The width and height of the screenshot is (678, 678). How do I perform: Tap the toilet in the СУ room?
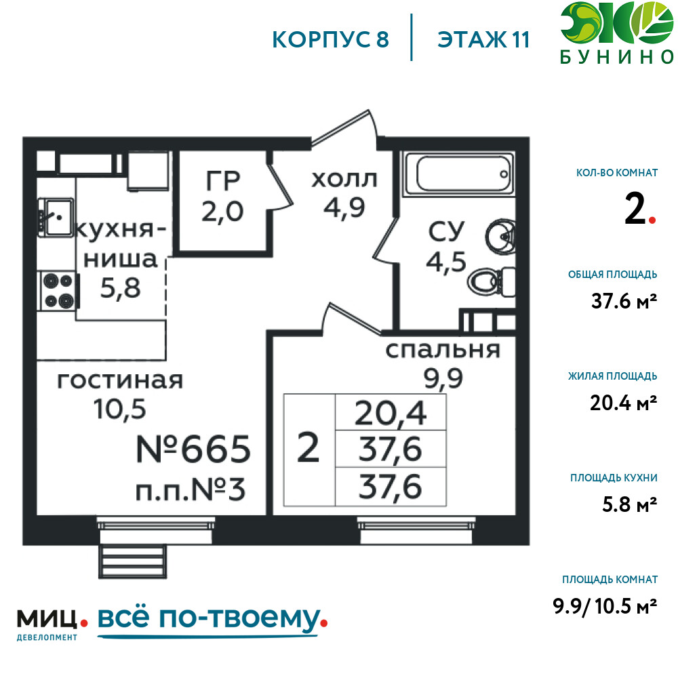[491, 282]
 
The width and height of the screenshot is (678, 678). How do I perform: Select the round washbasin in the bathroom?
[500, 236]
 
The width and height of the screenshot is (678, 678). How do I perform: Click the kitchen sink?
[56, 217]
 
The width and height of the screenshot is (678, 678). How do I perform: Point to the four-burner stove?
[58, 291]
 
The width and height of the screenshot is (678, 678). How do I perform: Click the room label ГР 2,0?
[222, 197]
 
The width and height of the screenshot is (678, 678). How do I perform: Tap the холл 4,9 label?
[344, 194]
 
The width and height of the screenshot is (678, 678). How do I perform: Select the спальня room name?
[442, 350]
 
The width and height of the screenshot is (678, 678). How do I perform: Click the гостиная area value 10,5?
[120, 409]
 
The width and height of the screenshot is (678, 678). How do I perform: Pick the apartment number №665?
[193, 449]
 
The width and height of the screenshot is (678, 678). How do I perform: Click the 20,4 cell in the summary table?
[391, 413]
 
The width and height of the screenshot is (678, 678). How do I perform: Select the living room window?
[156, 530]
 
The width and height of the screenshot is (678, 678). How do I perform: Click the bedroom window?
[416, 530]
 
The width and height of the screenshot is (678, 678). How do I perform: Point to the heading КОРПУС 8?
[331, 40]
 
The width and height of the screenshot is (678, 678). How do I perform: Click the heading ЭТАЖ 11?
[483, 40]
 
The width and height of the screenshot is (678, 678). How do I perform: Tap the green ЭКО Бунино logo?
[616, 33]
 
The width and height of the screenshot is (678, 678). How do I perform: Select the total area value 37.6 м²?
[624, 300]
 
